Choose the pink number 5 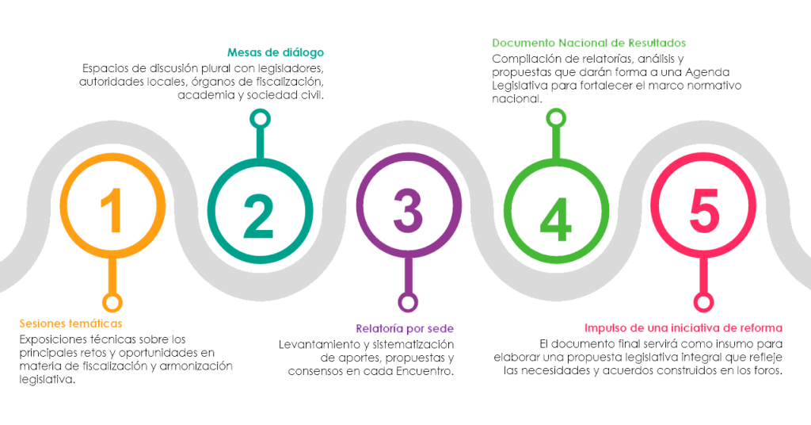(702, 207)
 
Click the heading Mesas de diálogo (275, 53)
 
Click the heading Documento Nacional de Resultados (588, 43)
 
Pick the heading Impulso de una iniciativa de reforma (683, 328)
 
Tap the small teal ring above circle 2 (257, 119)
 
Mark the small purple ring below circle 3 (408, 302)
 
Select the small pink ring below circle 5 (702, 302)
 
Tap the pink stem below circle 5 (702, 278)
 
